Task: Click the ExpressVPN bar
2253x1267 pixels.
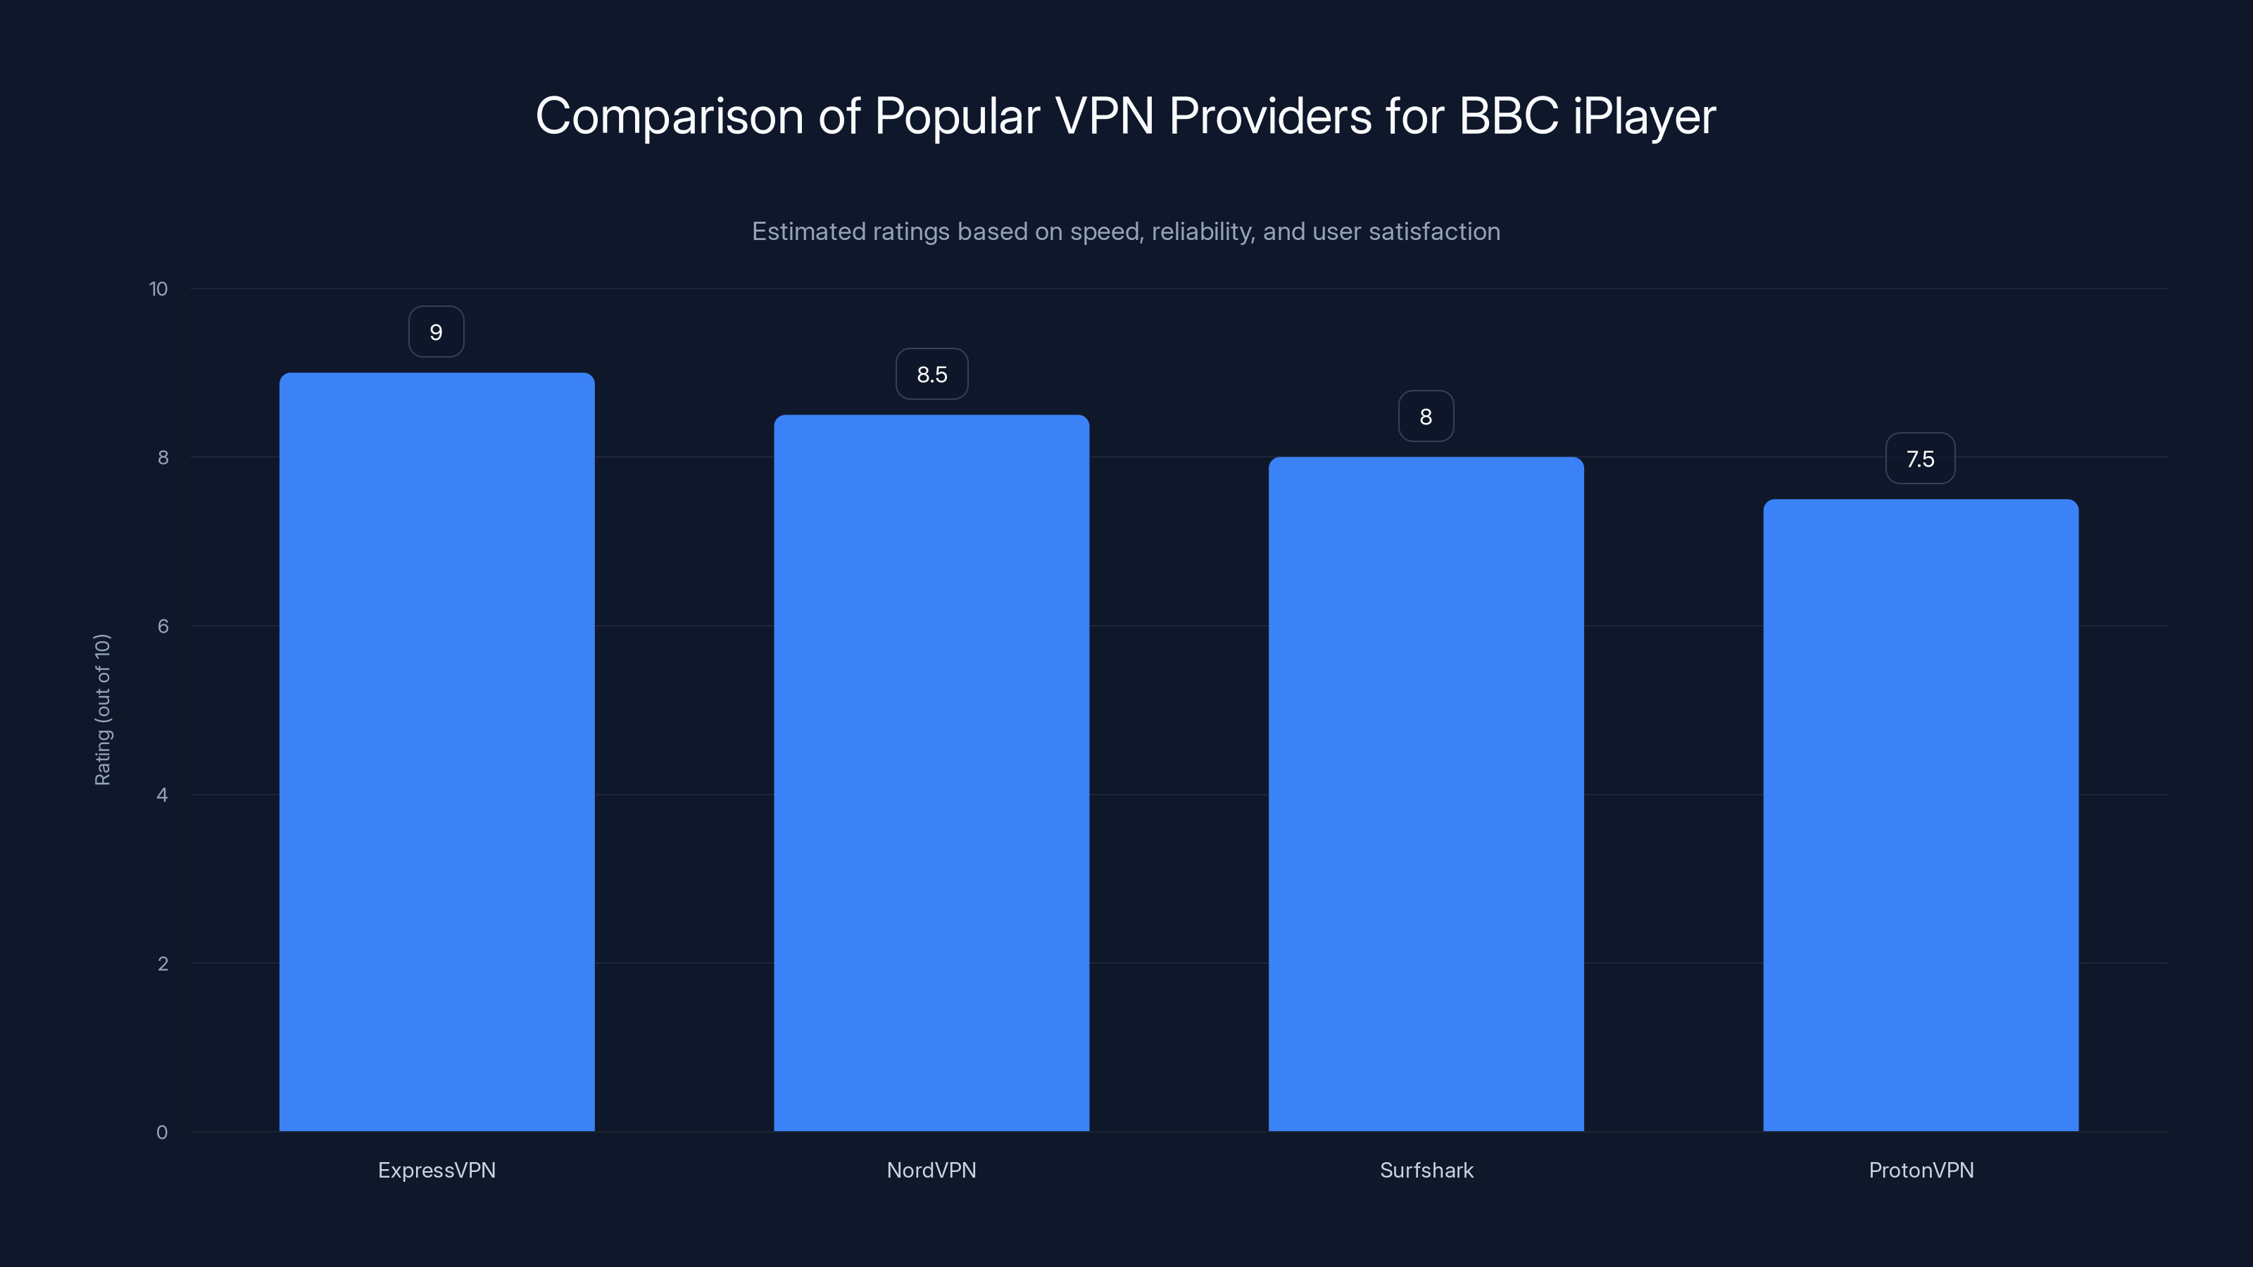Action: tap(437, 752)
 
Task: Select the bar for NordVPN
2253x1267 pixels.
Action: tap(931, 773)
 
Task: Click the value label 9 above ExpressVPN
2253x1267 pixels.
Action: tap(437, 332)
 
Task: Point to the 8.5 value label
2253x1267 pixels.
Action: tap(931, 374)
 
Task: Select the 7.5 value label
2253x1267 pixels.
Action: tap(1920, 459)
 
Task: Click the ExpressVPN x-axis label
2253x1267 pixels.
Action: tap(437, 1170)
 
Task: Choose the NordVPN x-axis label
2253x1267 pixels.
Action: tap(931, 1170)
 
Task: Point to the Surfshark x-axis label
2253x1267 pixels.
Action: tap(1426, 1170)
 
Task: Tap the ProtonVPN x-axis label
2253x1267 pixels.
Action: tap(1921, 1170)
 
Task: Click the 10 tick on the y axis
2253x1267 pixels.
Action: tap(158, 289)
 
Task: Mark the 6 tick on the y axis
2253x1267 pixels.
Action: tap(163, 626)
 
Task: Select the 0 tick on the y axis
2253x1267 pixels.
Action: tap(162, 1133)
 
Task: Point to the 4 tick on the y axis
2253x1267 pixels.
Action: tap(162, 795)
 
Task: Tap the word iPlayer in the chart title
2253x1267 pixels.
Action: tap(1644, 116)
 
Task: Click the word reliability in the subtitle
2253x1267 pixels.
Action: tap(1203, 232)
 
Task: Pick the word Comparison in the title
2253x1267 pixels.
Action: tap(669, 116)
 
